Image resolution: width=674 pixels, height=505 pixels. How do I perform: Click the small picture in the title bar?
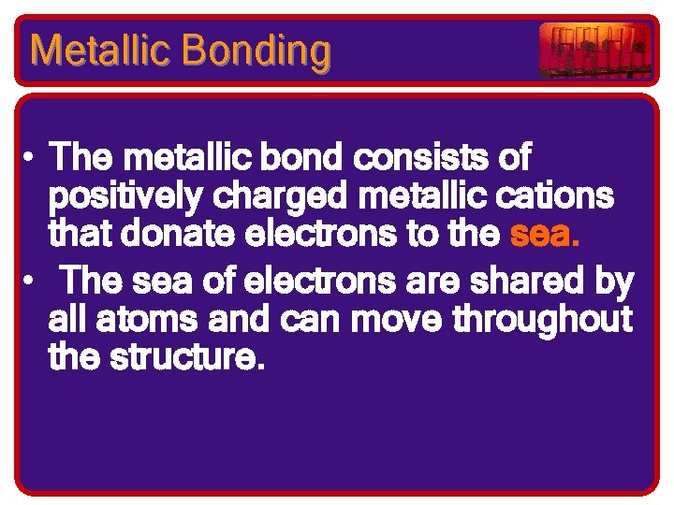595,50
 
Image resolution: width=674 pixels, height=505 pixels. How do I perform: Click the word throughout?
543,320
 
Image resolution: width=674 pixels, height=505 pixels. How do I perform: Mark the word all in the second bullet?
65,320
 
